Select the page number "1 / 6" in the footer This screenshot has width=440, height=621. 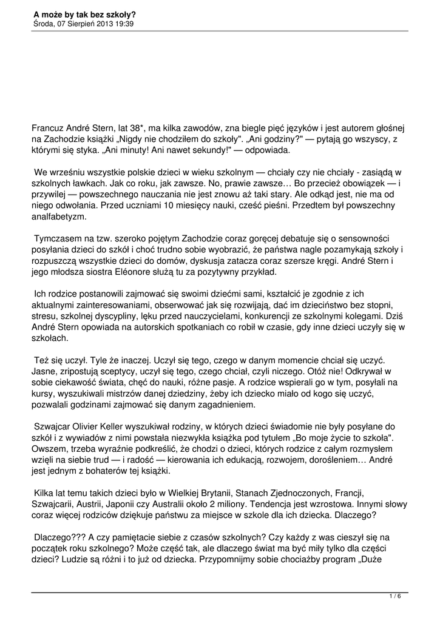pyautogui.click(x=395, y=597)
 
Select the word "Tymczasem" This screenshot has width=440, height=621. pyautogui.click(x=57, y=239)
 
